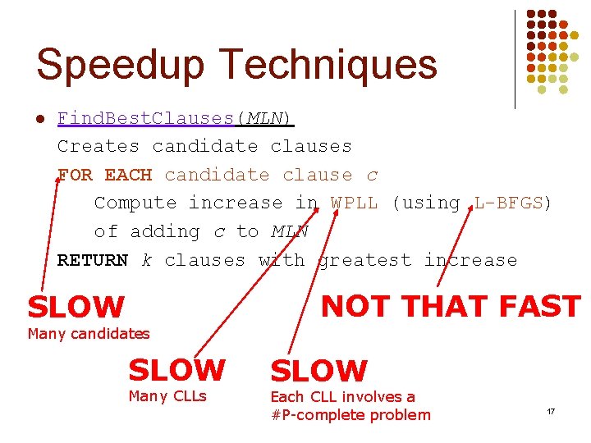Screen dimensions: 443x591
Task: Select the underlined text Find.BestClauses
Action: click(x=146, y=118)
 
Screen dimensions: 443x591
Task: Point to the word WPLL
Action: click(x=355, y=203)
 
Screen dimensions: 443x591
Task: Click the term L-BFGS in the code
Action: click(x=508, y=203)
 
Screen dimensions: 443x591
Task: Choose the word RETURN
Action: click(x=93, y=260)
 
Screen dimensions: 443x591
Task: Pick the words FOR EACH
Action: click(x=104, y=175)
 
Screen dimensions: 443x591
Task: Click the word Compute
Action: click(x=135, y=203)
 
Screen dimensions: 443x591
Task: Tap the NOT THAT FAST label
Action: click(x=451, y=306)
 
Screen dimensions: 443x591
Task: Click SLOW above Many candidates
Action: click(x=76, y=308)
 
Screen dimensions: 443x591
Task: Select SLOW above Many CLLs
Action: click(x=176, y=370)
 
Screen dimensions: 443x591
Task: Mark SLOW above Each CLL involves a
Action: click(x=318, y=371)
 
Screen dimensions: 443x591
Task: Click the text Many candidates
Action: click(x=89, y=333)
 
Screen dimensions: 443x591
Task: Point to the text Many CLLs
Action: click(x=167, y=397)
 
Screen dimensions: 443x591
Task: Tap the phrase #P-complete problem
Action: click(x=350, y=414)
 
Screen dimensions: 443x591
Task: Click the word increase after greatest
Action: click(x=470, y=260)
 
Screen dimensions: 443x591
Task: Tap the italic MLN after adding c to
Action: click(x=290, y=231)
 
